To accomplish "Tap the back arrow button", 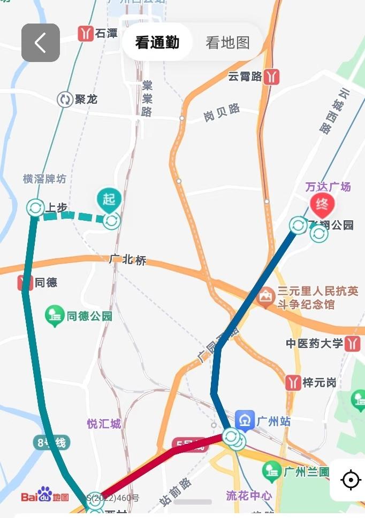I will [x=40, y=43].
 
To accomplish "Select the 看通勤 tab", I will [x=157, y=43].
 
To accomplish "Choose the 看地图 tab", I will [x=228, y=43].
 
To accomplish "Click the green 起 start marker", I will [x=109, y=199].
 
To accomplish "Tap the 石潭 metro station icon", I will [x=86, y=34].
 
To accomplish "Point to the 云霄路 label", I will [x=245, y=76].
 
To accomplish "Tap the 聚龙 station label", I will [x=86, y=99].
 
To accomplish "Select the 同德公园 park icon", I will [x=55, y=316].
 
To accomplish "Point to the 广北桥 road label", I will [x=127, y=260].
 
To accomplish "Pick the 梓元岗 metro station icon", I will [x=293, y=382].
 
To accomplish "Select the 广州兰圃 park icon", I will [x=272, y=471].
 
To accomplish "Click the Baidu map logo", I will [x=45, y=496].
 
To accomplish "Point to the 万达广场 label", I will [x=328, y=187].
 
